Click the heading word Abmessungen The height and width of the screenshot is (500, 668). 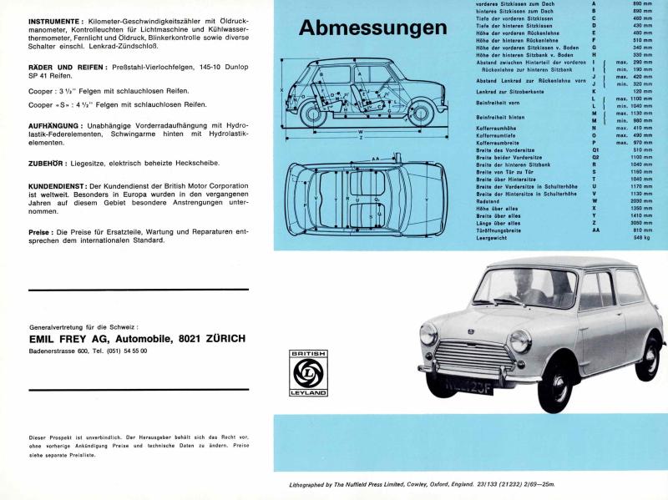pos(372,28)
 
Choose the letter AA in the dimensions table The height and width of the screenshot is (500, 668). pos(595,230)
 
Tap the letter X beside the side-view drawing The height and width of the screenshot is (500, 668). pos(282,89)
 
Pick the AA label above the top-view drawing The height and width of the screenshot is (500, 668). pos(377,157)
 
